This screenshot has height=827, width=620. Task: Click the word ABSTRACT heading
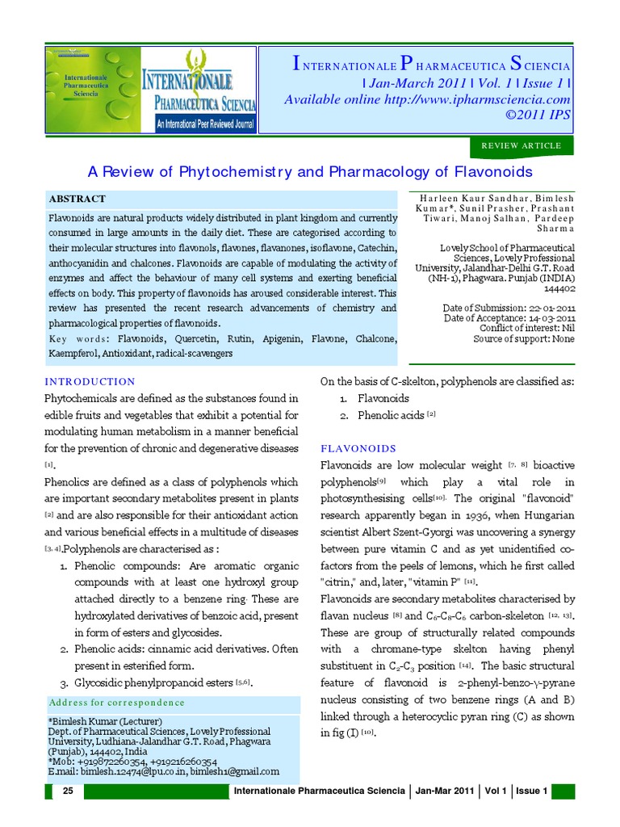coord(77,199)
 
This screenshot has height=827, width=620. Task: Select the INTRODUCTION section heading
coord(90,381)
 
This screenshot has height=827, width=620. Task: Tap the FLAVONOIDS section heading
coord(358,448)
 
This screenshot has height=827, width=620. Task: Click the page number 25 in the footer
coord(68,791)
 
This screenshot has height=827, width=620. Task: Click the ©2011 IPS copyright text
coord(538,115)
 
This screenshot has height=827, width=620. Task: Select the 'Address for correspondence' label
coord(116,702)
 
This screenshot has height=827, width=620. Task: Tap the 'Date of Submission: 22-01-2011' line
coord(509,308)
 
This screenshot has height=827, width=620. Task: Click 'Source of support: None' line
coord(524,338)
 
